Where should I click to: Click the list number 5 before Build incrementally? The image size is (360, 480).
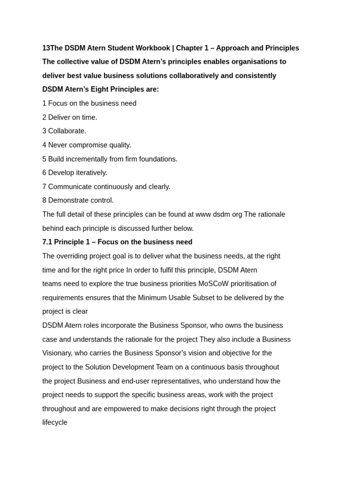click(x=44, y=159)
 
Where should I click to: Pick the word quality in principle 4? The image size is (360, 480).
click(x=120, y=145)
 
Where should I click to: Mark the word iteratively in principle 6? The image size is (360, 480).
click(x=91, y=172)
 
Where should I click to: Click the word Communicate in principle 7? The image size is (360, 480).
click(x=69, y=187)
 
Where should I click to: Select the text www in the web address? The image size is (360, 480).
click(x=204, y=214)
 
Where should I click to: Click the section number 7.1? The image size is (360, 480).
click(x=47, y=242)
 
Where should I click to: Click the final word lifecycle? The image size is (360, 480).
click(x=55, y=422)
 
